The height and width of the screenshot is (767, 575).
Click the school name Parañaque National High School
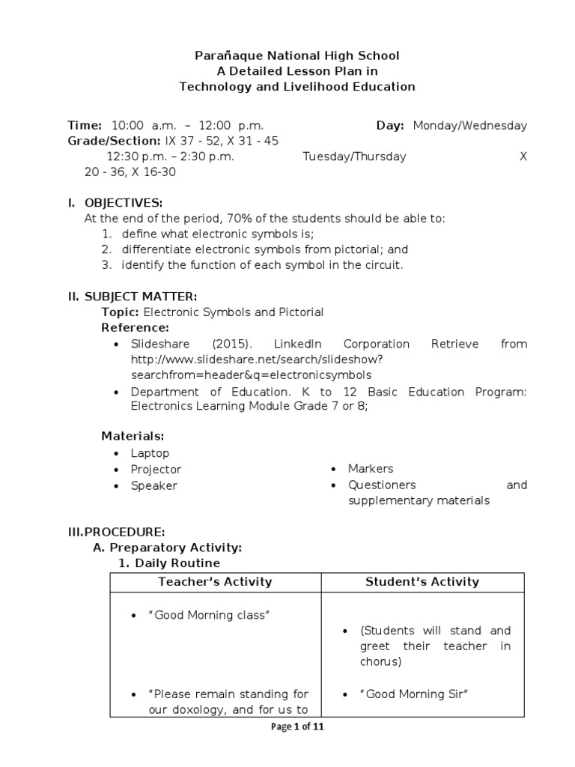297,55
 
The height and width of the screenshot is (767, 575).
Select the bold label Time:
85,125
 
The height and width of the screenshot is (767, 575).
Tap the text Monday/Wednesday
469,125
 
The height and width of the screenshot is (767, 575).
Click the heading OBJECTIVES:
123,203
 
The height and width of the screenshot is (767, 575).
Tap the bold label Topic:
121,312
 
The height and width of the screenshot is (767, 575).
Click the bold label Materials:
133,436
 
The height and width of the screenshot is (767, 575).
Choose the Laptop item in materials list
150,453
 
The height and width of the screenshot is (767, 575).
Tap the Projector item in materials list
156,469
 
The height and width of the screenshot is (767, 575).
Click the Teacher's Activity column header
215,581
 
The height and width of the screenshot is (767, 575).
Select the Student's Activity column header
422,581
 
